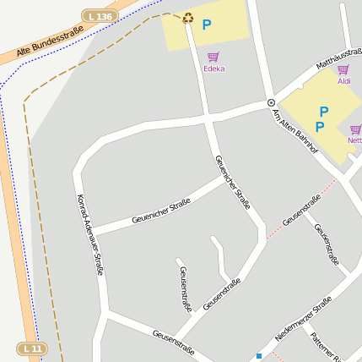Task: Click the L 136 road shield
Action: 99,16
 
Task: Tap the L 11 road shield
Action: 31,348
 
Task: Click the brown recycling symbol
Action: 187,17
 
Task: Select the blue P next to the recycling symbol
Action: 206,25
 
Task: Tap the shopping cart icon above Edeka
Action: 213,57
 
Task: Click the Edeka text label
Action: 213,69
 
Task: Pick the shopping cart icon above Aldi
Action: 343,69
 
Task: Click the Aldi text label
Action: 343,81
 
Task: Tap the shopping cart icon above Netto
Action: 355,129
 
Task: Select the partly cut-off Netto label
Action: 354,140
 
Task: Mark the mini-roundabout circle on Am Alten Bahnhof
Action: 271,103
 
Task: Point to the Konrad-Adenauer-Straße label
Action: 89,234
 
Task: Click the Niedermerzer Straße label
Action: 303,321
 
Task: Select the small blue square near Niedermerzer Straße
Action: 259,356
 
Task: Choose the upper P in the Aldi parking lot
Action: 323,111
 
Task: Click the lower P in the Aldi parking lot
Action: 319,127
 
